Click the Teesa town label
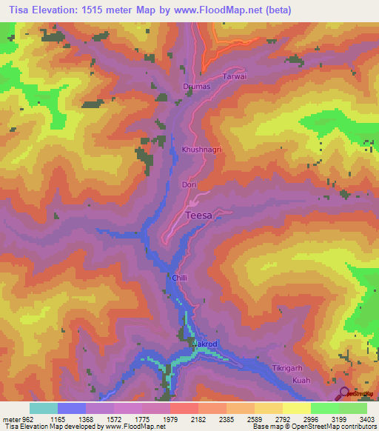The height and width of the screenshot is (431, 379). pyautogui.click(x=198, y=215)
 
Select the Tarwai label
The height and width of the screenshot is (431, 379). pyautogui.click(x=234, y=77)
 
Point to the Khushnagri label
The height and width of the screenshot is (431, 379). pyautogui.click(x=202, y=150)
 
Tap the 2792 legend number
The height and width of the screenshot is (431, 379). pyautogui.click(x=271, y=420)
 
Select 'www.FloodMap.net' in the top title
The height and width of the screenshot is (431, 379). pyautogui.click(x=220, y=10)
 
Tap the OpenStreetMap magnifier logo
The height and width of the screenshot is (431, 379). pyautogui.click(x=345, y=392)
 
